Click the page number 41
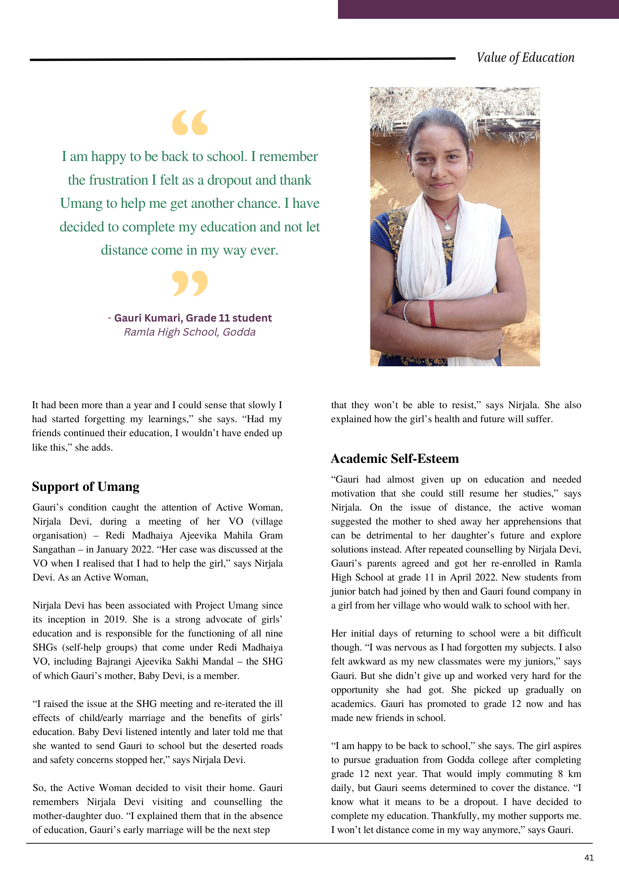pyautogui.click(x=589, y=858)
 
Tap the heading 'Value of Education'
pyautogui.click(x=525, y=58)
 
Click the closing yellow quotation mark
pyautogui.click(x=190, y=283)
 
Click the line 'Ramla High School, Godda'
pyautogui.click(x=190, y=332)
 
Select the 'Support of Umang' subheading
pyautogui.click(x=86, y=486)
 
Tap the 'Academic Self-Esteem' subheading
pyautogui.click(x=395, y=458)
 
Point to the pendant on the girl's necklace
pyautogui.click(x=447, y=226)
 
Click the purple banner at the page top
pyautogui.click(x=478, y=9)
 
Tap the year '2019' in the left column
pyautogui.click(x=114, y=619)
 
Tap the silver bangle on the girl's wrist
pyautogui.click(x=406, y=311)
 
